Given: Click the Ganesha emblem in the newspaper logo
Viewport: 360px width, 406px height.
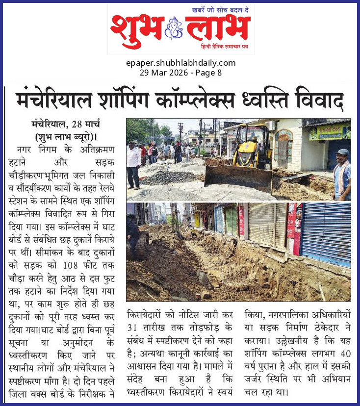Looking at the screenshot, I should [174, 28].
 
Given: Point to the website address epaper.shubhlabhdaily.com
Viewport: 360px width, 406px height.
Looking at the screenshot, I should [180, 63].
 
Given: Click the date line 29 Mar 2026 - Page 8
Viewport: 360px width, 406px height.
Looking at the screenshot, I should [180, 72].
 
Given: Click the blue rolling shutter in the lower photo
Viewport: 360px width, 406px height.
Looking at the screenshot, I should [326, 233].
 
